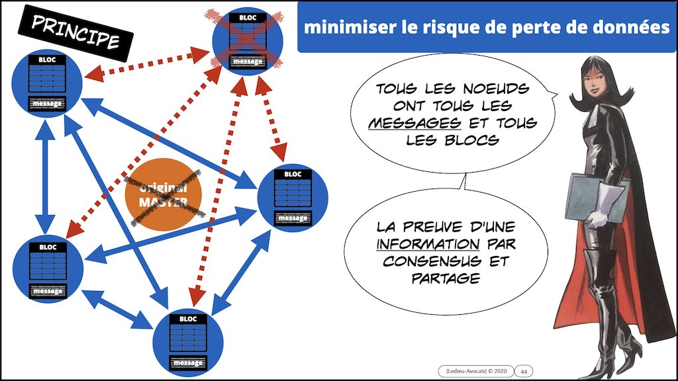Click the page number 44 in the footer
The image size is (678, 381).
point(523,370)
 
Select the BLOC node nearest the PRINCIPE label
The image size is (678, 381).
point(47,81)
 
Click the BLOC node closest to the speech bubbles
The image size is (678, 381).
point(292,196)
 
